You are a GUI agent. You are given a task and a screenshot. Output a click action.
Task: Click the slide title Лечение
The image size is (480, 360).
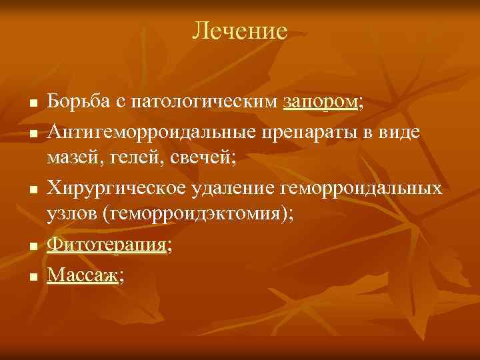point(239,31)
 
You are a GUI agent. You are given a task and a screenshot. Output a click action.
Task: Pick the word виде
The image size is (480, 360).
point(396,131)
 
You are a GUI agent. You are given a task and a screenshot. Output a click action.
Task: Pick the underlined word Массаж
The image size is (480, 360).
point(82,273)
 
